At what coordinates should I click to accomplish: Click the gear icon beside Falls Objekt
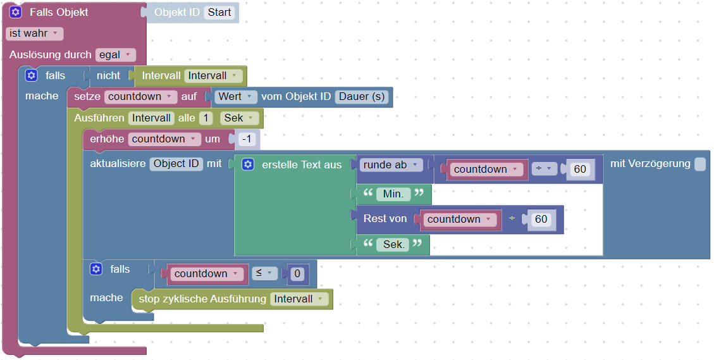click(16, 12)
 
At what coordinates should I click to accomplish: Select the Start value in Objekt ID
click(219, 12)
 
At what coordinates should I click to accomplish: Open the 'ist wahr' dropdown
click(34, 33)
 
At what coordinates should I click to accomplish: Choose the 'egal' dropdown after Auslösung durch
click(116, 55)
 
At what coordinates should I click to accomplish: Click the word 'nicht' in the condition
click(108, 76)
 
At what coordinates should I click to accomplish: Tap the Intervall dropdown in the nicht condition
click(214, 76)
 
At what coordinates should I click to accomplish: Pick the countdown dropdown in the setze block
click(142, 97)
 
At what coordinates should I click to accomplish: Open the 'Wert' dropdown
click(236, 97)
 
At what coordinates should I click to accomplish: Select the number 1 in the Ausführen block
click(206, 118)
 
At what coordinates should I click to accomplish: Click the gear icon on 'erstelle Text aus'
click(248, 164)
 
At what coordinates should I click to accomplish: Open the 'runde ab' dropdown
click(391, 164)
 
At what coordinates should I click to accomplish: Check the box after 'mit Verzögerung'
click(699, 164)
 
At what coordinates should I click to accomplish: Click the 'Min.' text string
click(393, 194)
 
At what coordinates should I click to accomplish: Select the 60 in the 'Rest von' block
click(541, 219)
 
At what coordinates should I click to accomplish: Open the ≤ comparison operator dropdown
click(264, 273)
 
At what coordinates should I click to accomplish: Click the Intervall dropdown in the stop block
click(299, 299)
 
